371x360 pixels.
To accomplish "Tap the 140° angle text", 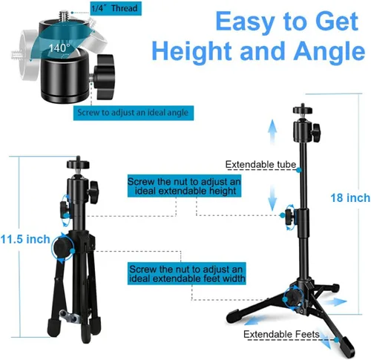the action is [59, 48].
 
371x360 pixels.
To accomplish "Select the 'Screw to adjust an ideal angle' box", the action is [134, 113].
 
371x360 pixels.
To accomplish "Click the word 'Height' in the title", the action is [192, 51].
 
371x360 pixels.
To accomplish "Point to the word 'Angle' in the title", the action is [329, 51].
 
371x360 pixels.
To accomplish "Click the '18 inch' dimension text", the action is [350, 198].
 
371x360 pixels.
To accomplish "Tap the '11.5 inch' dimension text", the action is [25, 239].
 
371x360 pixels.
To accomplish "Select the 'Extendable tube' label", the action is [260, 165].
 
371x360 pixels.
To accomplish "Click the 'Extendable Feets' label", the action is [281, 334].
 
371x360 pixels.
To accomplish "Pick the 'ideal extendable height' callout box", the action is [184, 186].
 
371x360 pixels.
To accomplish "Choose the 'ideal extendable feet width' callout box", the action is [187, 273].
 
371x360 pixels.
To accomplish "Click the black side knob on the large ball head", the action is [105, 77].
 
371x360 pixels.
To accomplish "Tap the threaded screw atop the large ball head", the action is [63, 17].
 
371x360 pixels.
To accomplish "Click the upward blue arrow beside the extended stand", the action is [272, 132].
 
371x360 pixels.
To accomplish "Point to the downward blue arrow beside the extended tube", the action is [272, 198].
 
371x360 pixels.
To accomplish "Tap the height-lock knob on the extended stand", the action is [289, 217].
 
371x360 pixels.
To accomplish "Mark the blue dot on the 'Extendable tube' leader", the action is [299, 170].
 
